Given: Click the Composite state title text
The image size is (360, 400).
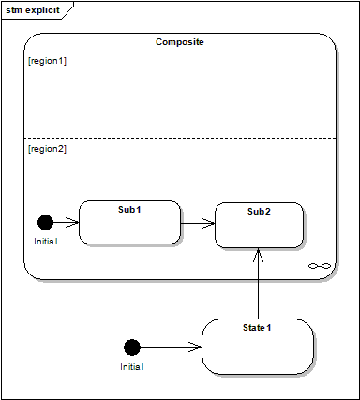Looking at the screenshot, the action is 180,42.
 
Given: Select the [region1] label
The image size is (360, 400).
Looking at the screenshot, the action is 47,61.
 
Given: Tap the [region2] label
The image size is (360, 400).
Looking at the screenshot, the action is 47,149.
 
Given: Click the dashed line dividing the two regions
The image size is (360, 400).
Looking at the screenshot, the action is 180,138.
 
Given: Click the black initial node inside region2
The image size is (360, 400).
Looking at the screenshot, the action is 45,223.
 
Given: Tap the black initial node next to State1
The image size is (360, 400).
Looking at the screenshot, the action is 132,348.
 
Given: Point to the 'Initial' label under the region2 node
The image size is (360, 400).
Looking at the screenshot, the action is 46,242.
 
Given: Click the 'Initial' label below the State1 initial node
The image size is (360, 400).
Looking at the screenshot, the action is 132,366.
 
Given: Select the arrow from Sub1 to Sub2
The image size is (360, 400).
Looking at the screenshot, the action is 198,223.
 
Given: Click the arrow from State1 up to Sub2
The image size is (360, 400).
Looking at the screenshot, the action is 258,284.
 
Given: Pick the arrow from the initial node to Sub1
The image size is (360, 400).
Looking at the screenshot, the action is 66,223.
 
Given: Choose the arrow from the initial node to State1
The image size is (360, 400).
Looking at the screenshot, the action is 171,347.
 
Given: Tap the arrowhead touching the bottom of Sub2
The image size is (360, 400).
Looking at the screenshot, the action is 258,255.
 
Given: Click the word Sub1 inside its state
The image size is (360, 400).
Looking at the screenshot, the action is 129,210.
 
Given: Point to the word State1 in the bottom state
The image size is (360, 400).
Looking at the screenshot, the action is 257,328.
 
